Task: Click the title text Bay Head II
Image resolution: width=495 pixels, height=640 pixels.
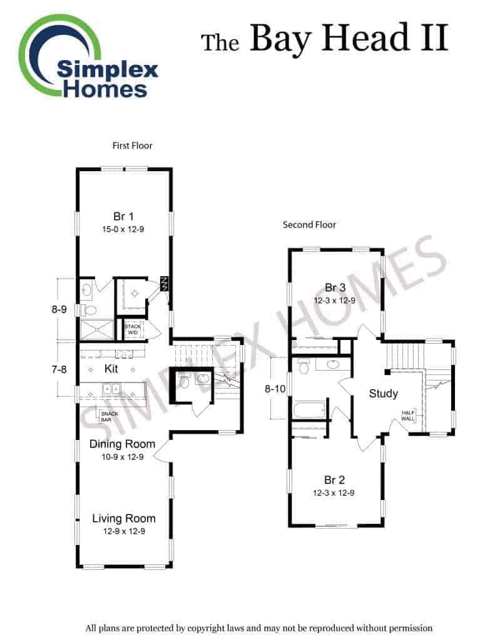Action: pyautogui.click(x=349, y=38)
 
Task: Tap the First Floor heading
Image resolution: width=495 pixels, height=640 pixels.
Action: pyautogui.click(x=133, y=145)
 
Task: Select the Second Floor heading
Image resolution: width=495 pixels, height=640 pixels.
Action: pyautogui.click(x=309, y=224)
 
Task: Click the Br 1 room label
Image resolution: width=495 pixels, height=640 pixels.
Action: pyautogui.click(x=123, y=216)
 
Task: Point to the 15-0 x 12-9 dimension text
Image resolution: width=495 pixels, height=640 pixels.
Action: pyautogui.click(x=123, y=229)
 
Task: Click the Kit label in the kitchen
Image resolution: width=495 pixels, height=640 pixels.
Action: pyautogui.click(x=111, y=369)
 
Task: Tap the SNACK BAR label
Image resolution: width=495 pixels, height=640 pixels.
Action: pyautogui.click(x=109, y=417)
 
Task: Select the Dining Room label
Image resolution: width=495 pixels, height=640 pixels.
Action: pyautogui.click(x=122, y=444)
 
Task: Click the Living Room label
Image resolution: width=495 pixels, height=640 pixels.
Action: pyautogui.click(x=124, y=518)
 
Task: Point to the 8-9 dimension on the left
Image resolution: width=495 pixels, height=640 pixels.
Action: pyautogui.click(x=59, y=309)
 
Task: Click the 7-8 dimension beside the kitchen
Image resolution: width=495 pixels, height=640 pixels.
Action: pyautogui.click(x=59, y=370)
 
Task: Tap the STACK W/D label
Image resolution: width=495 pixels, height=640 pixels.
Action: pyautogui.click(x=133, y=329)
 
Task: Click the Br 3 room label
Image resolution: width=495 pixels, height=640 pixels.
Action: pyautogui.click(x=335, y=287)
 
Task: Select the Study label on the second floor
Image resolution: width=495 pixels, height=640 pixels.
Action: pyautogui.click(x=384, y=394)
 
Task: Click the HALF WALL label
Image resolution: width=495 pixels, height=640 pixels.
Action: pyautogui.click(x=408, y=416)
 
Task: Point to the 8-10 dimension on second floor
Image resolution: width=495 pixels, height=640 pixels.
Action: pyautogui.click(x=275, y=389)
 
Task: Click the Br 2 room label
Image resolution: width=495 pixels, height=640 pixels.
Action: pyautogui.click(x=334, y=480)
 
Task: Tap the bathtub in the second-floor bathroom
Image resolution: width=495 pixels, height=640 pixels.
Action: pyautogui.click(x=310, y=409)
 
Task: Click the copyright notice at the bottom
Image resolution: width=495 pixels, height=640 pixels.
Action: pyautogui.click(x=258, y=628)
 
